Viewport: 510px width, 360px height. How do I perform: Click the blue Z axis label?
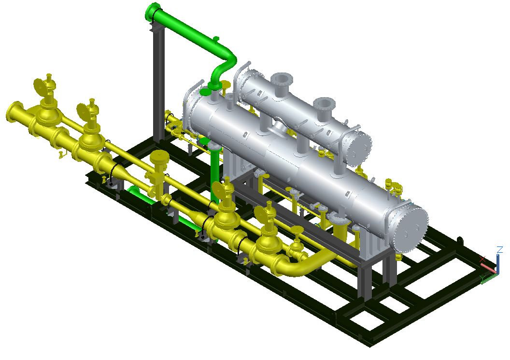499,250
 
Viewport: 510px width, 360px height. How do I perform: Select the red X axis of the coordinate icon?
488,267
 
